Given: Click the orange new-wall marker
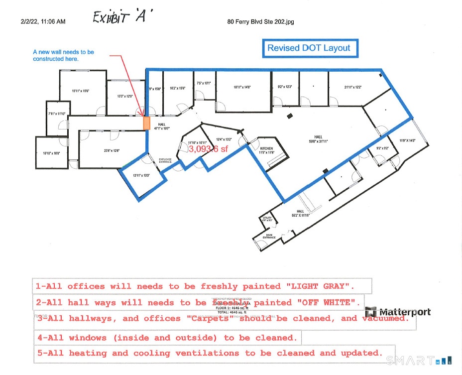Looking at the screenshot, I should point(146,123).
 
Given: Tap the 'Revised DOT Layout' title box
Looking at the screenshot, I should point(309,48).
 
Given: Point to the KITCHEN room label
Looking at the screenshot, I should point(266,148).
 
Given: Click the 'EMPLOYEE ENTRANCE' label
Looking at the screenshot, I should point(165,160).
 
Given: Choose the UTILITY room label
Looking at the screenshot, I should point(267,218).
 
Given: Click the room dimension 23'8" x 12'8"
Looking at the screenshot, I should point(112,150).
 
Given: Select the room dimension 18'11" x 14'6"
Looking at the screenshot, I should point(242,87).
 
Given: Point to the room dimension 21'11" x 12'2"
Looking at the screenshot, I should point(352,87).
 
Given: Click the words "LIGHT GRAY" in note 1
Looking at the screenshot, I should point(320,286).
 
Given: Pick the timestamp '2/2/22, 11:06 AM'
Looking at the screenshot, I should point(43,21).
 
